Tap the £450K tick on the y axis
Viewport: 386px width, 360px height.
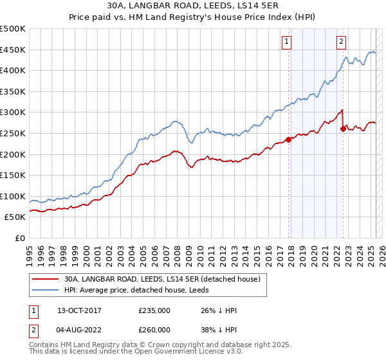[13, 50]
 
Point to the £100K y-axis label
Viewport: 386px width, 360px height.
[13, 196]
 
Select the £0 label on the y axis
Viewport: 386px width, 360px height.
[21, 238]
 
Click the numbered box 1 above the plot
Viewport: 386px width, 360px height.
[286, 42]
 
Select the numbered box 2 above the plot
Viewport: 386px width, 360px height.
[341, 42]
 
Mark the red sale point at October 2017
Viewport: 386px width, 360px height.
[288, 139]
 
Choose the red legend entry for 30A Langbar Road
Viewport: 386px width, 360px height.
[161, 279]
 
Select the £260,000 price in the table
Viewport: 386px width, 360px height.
[154, 330]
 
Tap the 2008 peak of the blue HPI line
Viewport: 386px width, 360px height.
[174, 121]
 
